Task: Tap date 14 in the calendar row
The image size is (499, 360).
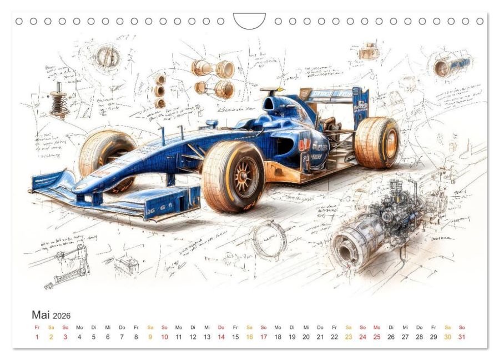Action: click(221, 337)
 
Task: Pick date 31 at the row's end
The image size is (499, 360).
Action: click(462, 337)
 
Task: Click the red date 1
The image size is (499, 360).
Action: click(37, 337)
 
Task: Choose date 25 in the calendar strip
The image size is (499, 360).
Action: click(377, 337)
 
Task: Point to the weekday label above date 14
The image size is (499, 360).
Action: click(221, 327)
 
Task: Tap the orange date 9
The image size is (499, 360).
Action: click(150, 337)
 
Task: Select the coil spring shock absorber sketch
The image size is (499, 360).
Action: click(58, 100)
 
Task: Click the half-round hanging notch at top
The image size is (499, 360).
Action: click(249, 21)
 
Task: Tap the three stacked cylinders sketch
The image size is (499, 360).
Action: click(160, 91)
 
